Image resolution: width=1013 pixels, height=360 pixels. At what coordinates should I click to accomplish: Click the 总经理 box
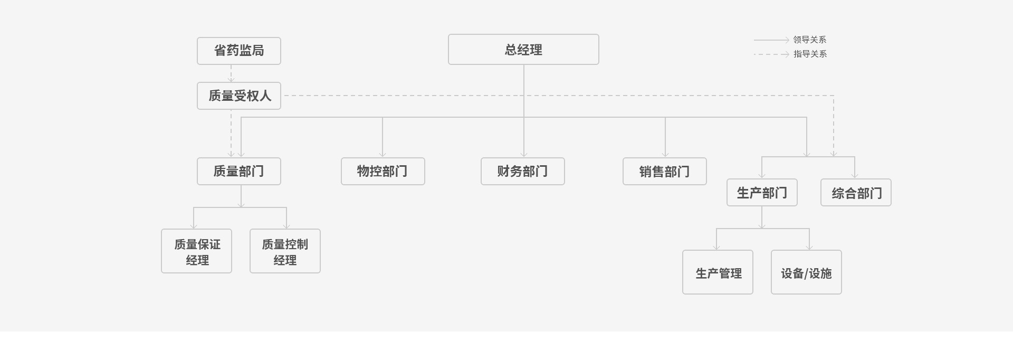[523, 50]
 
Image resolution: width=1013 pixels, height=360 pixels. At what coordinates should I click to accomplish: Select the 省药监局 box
[238, 51]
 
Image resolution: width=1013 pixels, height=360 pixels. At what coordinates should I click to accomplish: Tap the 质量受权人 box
[238, 96]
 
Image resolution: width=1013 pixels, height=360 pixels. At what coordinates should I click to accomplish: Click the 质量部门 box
[238, 171]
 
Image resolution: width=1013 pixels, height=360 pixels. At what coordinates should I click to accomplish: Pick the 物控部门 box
[383, 171]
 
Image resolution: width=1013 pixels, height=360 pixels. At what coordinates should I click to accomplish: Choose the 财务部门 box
[522, 171]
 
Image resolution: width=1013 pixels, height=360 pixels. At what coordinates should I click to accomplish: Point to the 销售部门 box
[664, 171]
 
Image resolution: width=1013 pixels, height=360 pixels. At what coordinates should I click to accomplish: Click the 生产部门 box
[761, 193]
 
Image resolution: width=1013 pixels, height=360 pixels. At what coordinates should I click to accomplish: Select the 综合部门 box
[855, 193]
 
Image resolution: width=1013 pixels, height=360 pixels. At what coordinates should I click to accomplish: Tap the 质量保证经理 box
[196, 251]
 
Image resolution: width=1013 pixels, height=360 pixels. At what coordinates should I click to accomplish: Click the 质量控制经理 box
[285, 251]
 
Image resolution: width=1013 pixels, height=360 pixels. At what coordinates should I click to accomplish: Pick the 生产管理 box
[718, 272]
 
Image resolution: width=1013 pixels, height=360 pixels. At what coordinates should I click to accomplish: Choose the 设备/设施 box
[806, 272]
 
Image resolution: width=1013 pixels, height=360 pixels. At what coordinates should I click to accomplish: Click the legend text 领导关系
[809, 40]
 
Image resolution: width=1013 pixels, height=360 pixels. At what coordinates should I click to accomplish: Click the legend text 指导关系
[809, 54]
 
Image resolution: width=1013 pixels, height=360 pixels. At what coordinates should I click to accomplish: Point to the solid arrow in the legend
[771, 40]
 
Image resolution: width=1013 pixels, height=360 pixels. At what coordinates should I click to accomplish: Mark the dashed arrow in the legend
[771, 54]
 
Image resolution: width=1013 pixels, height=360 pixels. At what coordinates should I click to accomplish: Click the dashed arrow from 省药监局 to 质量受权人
[231, 73]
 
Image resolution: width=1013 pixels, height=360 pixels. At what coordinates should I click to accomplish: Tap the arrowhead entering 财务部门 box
[524, 154]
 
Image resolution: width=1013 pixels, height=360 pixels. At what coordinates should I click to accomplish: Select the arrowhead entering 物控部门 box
[383, 154]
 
